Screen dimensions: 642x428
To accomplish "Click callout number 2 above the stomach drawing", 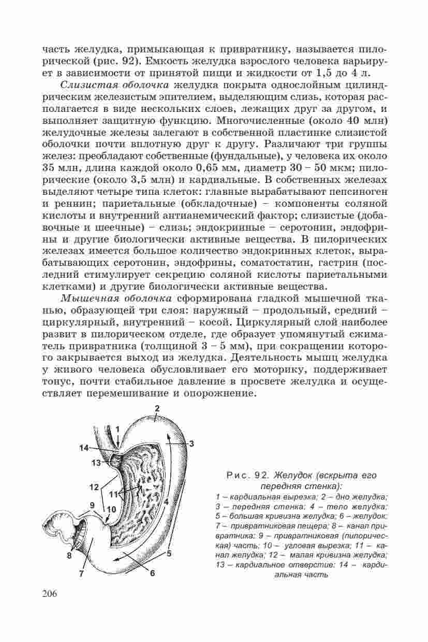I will tap(156, 408).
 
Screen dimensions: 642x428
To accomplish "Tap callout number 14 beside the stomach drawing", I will tap(84, 448).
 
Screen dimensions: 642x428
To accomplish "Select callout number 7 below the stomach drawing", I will tap(81, 574).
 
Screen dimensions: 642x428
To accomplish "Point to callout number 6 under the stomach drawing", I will tap(153, 573).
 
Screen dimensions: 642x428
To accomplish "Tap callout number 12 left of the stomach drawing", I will tap(94, 487).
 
